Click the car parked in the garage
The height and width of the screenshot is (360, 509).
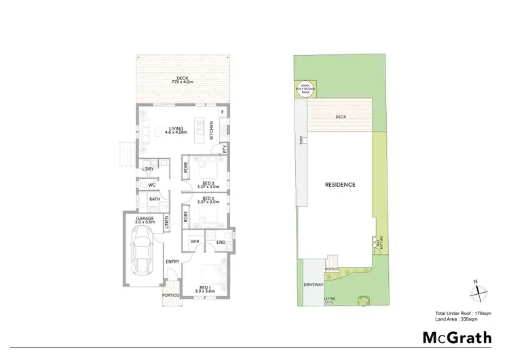pos(143,249)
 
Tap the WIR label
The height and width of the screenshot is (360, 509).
pos(194,241)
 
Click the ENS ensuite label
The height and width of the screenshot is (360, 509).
pos(221,241)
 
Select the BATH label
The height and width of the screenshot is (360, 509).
pos(154,200)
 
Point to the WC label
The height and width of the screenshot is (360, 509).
pos(152,184)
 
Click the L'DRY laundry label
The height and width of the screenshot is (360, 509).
pos(148,168)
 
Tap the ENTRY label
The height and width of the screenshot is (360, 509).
pos(172,262)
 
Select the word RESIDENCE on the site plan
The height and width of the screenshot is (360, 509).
pos(340,185)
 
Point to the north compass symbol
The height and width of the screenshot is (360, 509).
pos(479,291)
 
